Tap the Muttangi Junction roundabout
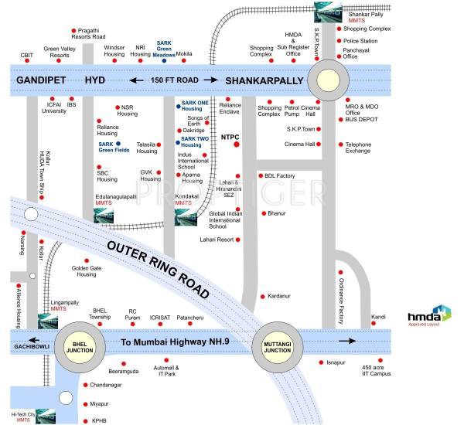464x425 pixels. coord(278,341)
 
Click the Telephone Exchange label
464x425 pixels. coord(358,147)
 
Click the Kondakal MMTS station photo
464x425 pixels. coord(186,219)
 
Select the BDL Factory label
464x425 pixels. coord(280,175)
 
